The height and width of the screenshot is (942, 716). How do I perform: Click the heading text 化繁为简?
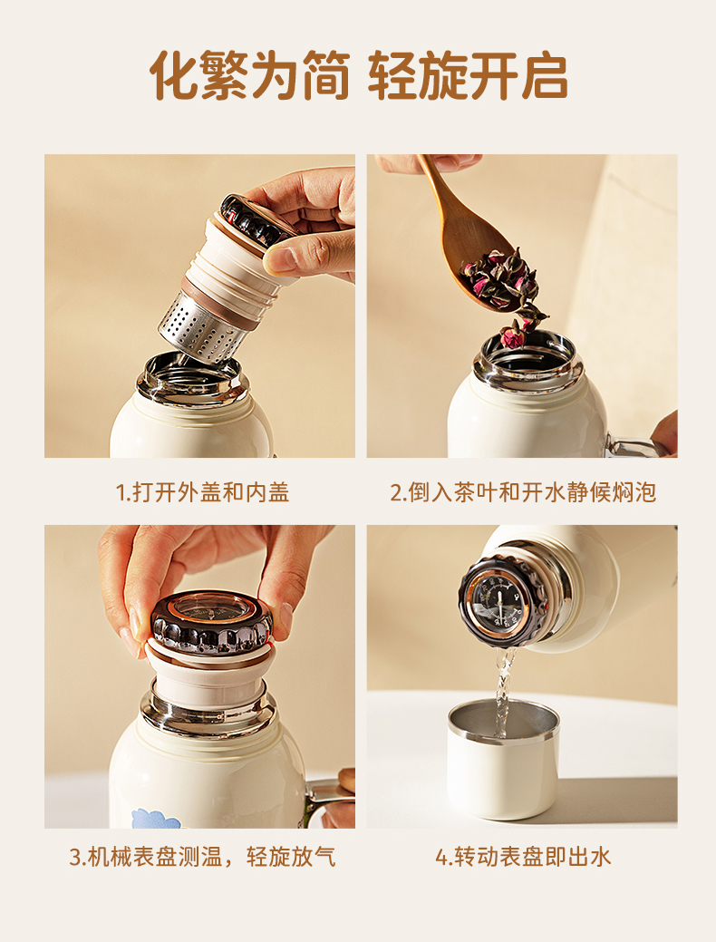(x=250, y=75)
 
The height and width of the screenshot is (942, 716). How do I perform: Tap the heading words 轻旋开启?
(x=468, y=75)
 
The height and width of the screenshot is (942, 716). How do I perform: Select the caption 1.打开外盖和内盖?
(x=202, y=492)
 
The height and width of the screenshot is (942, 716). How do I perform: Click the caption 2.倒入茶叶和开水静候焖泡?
(x=523, y=492)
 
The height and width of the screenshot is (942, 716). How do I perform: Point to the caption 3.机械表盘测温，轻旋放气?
(x=202, y=857)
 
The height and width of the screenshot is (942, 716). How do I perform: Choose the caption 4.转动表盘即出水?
(x=523, y=857)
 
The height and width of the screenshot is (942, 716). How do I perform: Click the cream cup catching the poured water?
(x=503, y=760)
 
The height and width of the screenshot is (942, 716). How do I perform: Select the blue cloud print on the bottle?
(x=156, y=819)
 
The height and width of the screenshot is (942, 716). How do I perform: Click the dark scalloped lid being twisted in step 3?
(x=211, y=623)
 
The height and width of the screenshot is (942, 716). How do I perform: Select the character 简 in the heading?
(x=326, y=75)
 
